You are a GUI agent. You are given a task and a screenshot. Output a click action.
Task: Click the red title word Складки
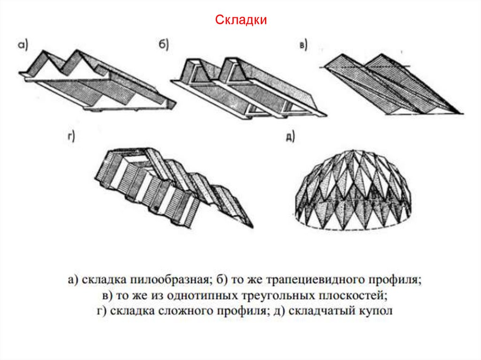[x=241, y=20]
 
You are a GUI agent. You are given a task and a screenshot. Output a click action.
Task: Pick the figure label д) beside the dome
[x=290, y=137]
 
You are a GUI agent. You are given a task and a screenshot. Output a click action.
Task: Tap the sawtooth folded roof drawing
[x=94, y=80]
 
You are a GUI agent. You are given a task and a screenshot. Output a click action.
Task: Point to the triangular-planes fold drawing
[x=390, y=84]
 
